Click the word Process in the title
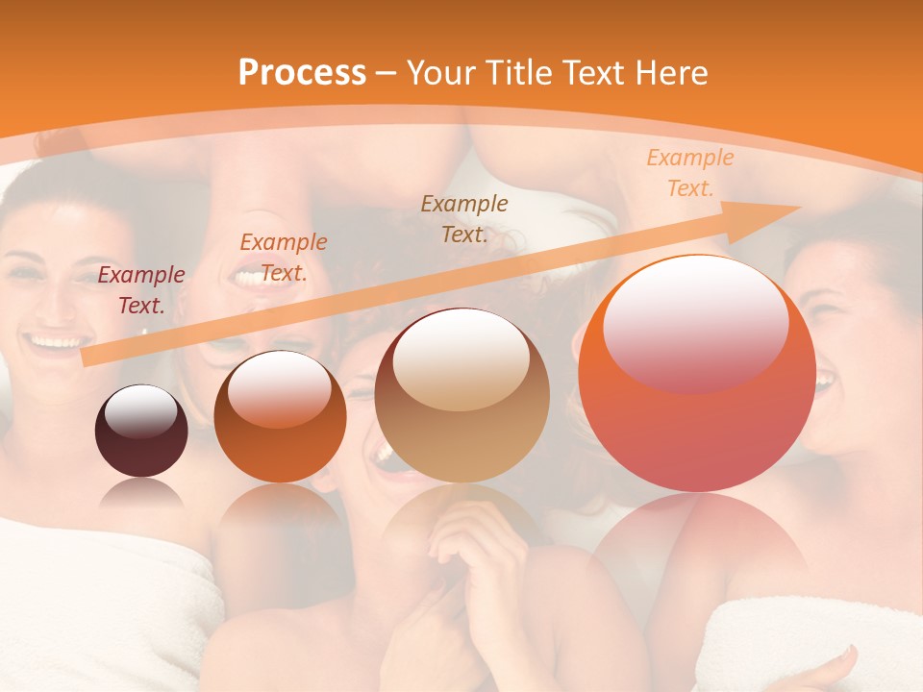pos(302,73)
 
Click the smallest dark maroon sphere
pos(141,431)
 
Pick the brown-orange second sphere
pos(280,416)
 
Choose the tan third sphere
pos(462,395)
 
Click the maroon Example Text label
pos(141,290)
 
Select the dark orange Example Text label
pos(283,257)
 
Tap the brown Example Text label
pos(464,218)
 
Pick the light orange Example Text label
pos(689,173)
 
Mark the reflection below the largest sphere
pos(697,538)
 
